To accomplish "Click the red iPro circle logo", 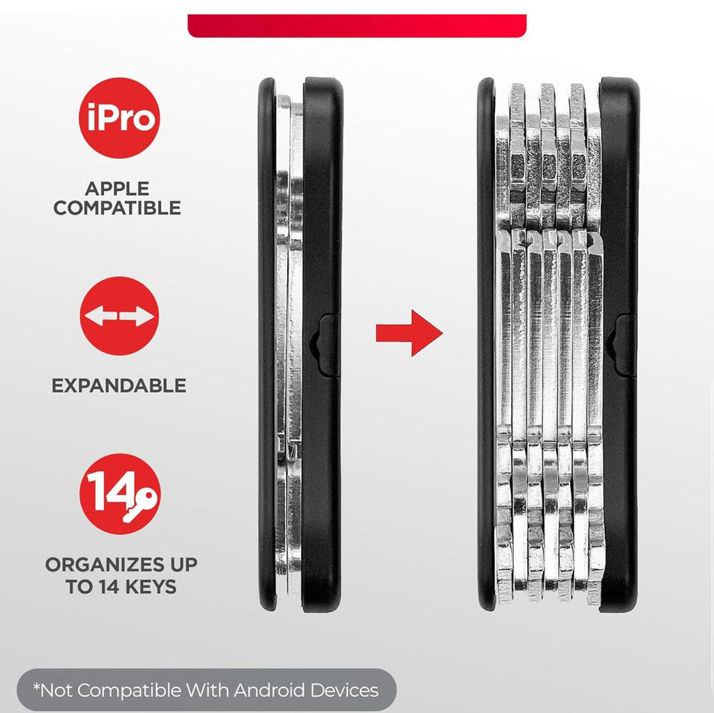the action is coord(119,118).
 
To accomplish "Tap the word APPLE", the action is coord(117,188).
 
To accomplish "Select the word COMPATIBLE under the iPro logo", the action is coord(117,208).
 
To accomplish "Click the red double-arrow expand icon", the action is coord(119,316).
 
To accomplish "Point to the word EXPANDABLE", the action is coord(119,385).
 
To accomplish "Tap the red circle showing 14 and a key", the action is coord(120,493).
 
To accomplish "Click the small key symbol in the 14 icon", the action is coord(141,505).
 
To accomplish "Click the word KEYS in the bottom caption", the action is coord(151,587).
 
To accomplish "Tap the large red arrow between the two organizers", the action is coord(409,333).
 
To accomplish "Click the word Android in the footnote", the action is coord(268,690).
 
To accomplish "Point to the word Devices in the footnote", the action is coord(344,690).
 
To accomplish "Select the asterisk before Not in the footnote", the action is coord(36,687).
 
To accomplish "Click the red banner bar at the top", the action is coord(357,26).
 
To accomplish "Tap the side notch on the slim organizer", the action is coord(325,345).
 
